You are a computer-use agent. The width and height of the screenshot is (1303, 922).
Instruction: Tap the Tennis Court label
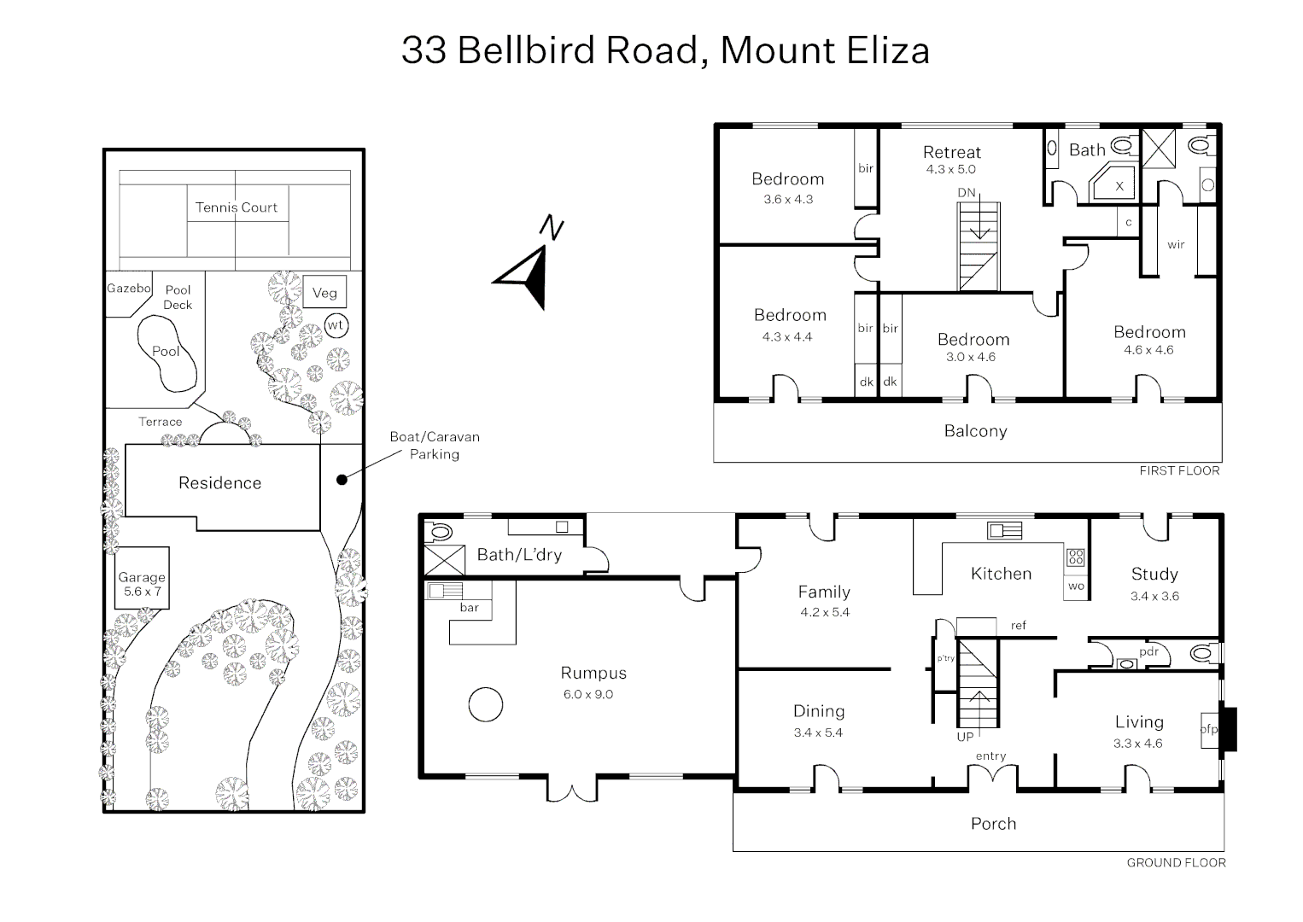[237, 207]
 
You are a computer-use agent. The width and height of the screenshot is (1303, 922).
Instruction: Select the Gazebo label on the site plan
[128, 289]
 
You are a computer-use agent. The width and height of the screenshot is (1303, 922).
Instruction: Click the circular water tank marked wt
[336, 325]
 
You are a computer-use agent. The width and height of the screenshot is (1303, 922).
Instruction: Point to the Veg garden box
[324, 293]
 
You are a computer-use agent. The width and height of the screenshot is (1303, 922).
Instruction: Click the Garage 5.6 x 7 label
[142, 584]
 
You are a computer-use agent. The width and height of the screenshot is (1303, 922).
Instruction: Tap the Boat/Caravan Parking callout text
[435, 446]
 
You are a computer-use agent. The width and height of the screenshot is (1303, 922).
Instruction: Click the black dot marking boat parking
[342, 480]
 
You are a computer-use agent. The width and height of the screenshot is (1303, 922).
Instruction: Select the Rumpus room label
[593, 674]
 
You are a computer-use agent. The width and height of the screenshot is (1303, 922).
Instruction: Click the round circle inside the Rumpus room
[485, 705]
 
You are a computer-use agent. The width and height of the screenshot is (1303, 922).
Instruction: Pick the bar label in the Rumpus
[469, 608]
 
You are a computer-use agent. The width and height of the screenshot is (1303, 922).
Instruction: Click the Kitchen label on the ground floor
[1001, 574]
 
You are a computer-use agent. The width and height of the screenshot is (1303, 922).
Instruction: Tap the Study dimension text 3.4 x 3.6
[1154, 596]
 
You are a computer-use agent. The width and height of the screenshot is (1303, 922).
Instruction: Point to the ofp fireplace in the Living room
[1209, 729]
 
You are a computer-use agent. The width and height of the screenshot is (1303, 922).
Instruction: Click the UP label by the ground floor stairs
[965, 737]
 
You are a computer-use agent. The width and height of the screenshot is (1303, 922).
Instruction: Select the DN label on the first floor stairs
[967, 193]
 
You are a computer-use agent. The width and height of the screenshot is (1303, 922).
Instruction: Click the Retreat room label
[951, 153]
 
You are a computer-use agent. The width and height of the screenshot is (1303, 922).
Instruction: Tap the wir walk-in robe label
[1176, 245]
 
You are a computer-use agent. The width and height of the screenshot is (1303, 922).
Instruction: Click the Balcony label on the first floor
[975, 431]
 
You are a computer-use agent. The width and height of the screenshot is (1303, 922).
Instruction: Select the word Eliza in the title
[888, 50]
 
